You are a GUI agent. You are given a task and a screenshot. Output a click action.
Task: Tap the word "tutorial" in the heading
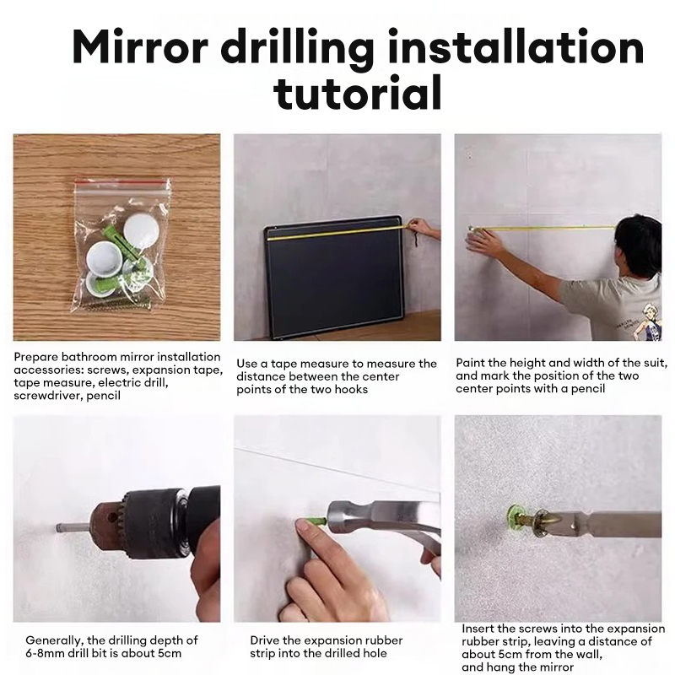click(359, 93)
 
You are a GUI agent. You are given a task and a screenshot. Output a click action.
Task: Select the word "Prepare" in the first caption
click(36, 357)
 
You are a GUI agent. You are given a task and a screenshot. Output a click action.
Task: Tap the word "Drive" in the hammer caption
click(267, 640)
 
